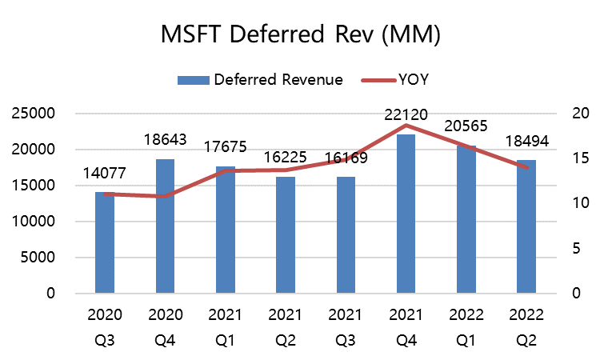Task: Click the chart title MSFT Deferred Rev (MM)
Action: coord(300,37)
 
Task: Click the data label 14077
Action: coord(105,174)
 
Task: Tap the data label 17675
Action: coord(226,148)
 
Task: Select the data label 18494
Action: coord(526,142)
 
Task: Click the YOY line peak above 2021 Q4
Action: coord(406,125)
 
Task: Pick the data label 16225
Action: coord(286,158)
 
